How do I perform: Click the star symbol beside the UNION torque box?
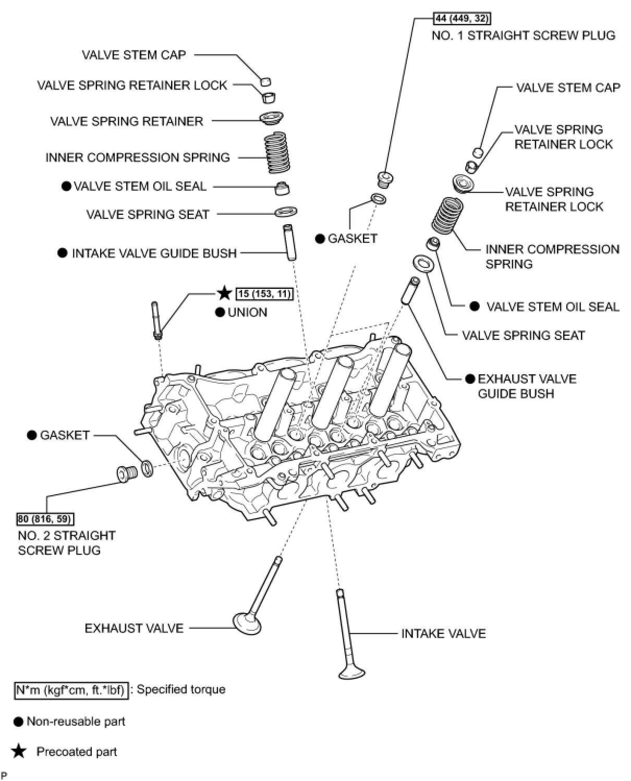point(224,293)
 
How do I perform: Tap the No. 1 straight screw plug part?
point(385,179)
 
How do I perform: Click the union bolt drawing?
point(156,320)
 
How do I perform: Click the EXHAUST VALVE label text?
point(134,628)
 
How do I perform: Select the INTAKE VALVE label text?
point(443,633)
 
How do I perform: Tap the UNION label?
point(247,312)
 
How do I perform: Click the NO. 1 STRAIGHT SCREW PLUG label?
point(523,35)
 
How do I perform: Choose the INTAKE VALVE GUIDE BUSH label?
point(154,253)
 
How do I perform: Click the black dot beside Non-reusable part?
point(19,722)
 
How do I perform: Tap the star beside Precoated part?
point(19,751)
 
